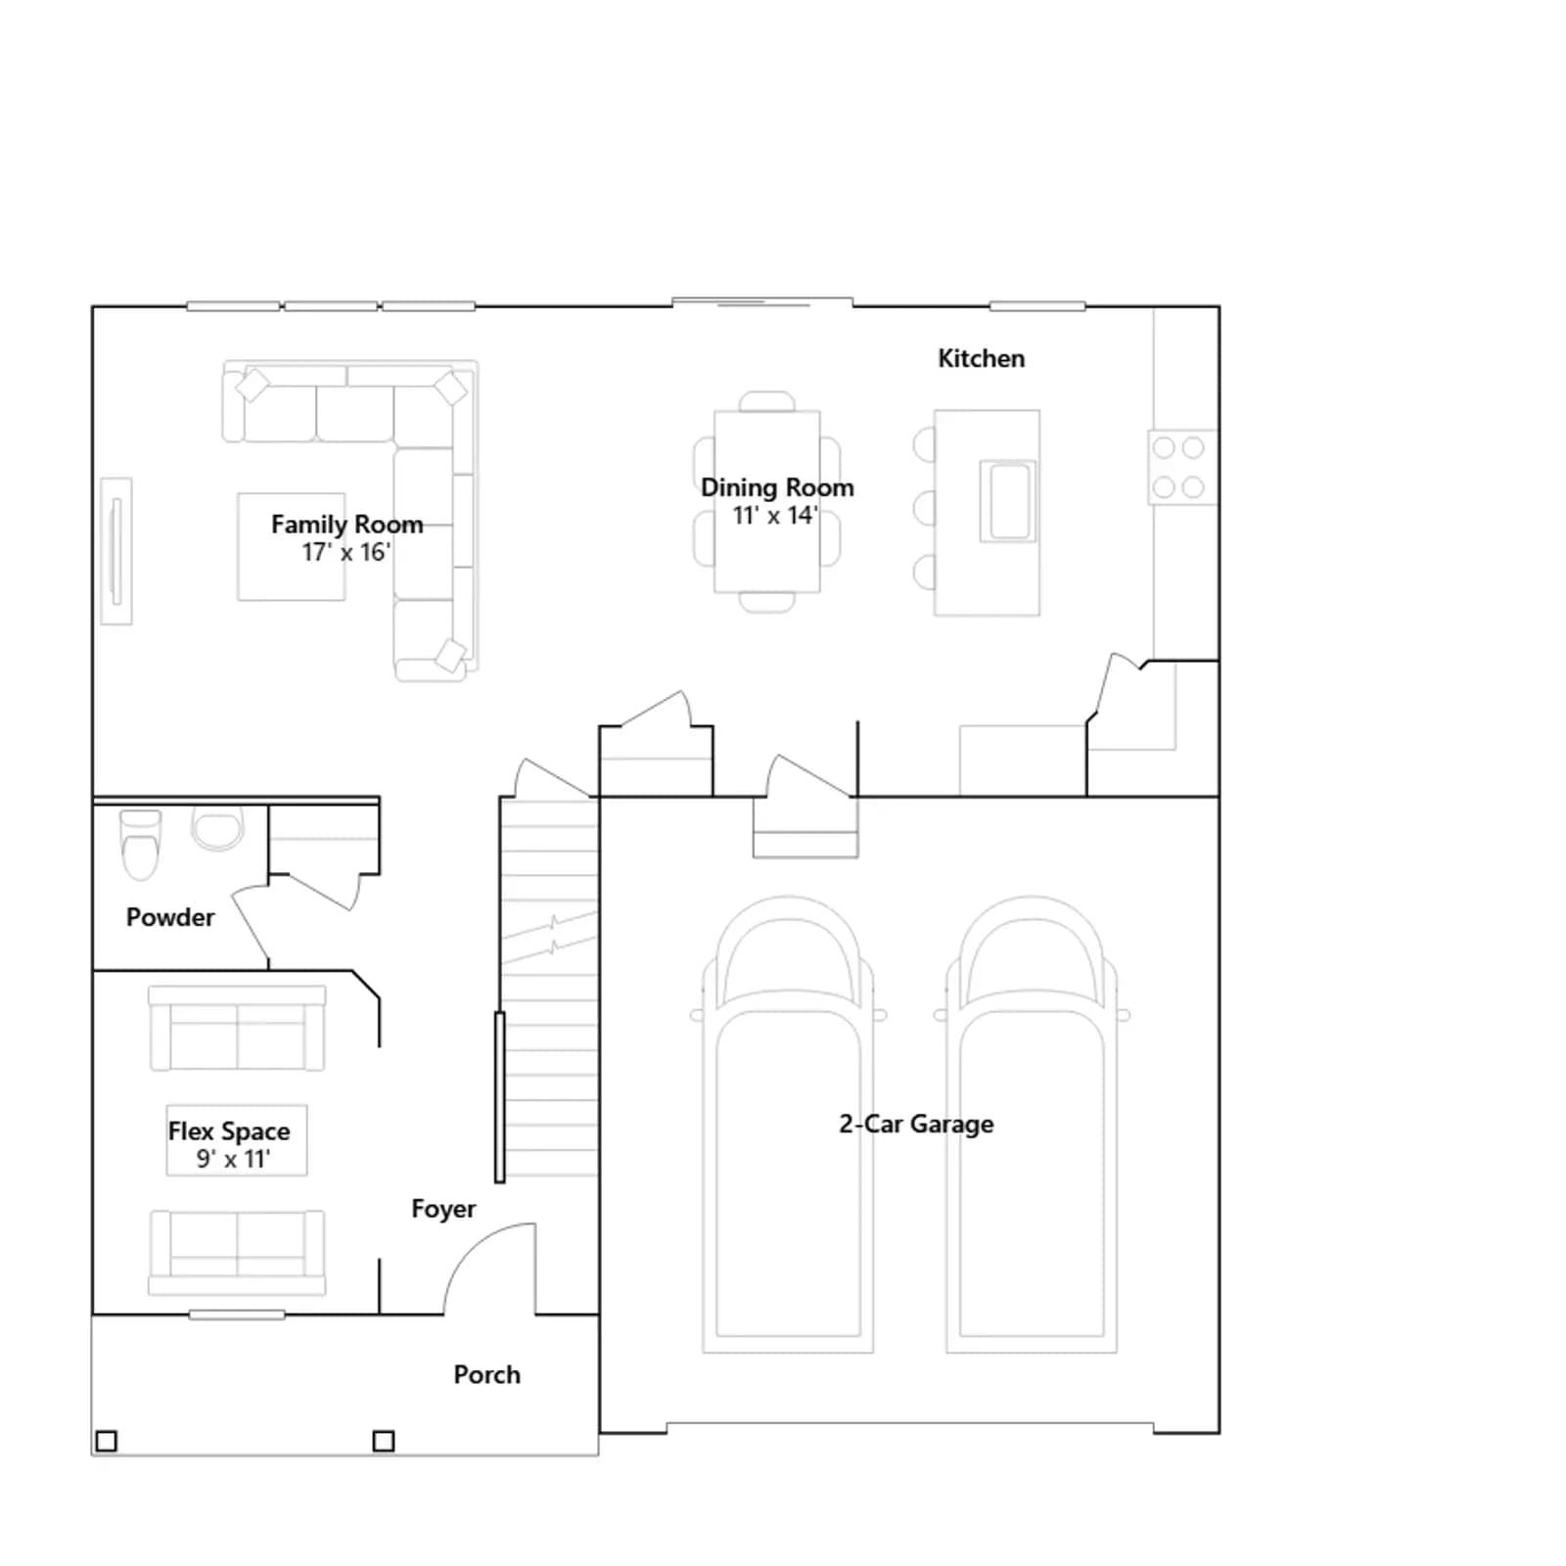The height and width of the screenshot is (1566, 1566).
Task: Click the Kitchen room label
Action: pyautogui.click(x=981, y=358)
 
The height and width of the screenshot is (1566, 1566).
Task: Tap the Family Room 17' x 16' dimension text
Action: pyautogui.click(x=345, y=552)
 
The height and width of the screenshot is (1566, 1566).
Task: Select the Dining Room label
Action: pyautogui.click(x=777, y=487)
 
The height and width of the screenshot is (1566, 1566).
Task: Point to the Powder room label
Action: pyautogui.click(x=170, y=917)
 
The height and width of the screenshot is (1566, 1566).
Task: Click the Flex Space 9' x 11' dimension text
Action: pyautogui.click(x=233, y=1159)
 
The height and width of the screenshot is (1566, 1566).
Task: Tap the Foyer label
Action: pyautogui.click(x=443, y=1209)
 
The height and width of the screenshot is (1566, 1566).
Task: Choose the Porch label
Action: pyautogui.click(x=486, y=1374)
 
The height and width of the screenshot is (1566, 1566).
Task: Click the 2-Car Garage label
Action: pyautogui.click(x=916, y=1124)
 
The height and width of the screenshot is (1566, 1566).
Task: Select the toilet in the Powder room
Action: pyautogui.click(x=140, y=845)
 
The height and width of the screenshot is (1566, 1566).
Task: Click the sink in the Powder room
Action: pyautogui.click(x=217, y=828)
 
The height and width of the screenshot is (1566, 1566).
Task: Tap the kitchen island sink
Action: pyautogui.click(x=1008, y=501)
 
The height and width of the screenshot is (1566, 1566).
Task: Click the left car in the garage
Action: pyautogui.click(x=788, y=1125)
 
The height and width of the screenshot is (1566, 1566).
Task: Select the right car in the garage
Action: pyautogui.click(x=1032, y=1125)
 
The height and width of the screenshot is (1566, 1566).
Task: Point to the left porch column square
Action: pyautogui.click(x=107, y=1441)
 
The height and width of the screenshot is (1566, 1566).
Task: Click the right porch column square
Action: pyautogui.click(x=384, y=1441)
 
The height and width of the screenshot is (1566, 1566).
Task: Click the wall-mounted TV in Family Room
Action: pyautogui.click(x=116, y=551)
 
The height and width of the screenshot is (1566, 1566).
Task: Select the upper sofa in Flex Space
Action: pyautogui.click(x=237, y=1028)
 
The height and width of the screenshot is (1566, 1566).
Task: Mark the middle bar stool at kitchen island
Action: pyautogui.click(x=924, y=509)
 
